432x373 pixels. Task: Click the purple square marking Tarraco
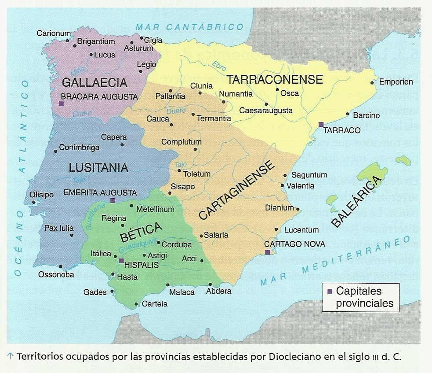[x=321, y=125]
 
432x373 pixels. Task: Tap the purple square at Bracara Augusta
[x=61, y=104]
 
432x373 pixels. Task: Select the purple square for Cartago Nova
[x=267, y=252]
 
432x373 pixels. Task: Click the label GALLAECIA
[x=94, y=82]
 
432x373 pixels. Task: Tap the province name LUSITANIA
[x=98, y=167]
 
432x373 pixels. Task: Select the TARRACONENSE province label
[x=275, y=79]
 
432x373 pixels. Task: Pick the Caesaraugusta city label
[x=266, y=111]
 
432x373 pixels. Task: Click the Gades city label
[x=95, y=292]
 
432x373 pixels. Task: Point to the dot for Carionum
[x=67, y=41]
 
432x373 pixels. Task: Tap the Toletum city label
[x=196, y=174]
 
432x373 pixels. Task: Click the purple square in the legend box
[x=330, y=292]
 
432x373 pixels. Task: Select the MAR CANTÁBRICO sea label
[x=189, y=27]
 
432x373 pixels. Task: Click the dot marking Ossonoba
[x=60, y=266]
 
